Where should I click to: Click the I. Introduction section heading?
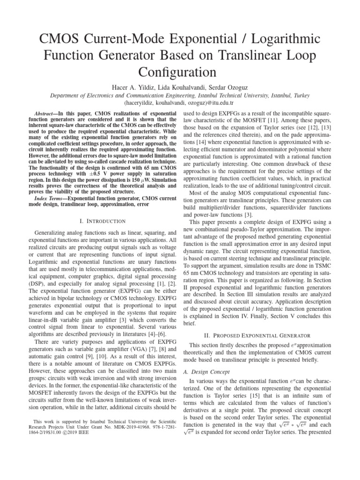100,221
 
